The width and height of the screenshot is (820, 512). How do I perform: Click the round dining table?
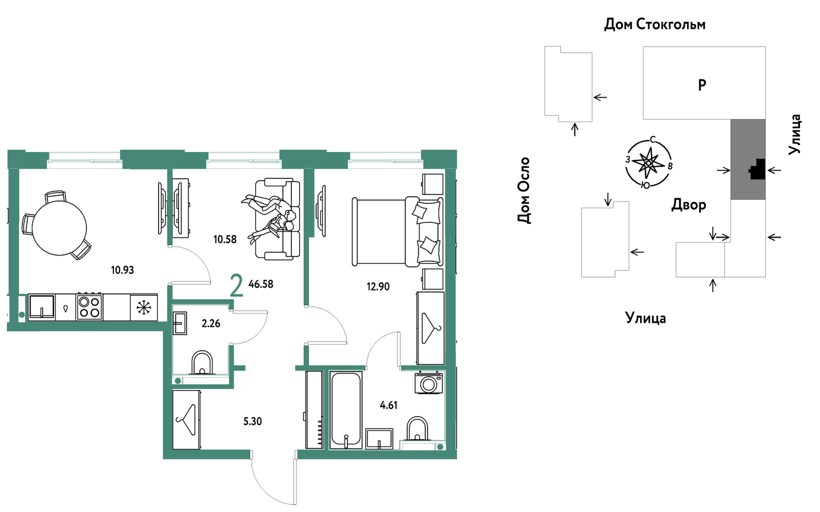coord(59,227)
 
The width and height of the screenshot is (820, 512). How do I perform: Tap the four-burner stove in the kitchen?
coord(89,307)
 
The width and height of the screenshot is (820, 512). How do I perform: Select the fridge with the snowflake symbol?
coord(143,307)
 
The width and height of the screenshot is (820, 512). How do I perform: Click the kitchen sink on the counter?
coord(42,307)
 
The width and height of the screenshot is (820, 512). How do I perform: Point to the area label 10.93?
coord(123,270)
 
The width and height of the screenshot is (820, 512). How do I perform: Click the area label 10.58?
coord(225,239)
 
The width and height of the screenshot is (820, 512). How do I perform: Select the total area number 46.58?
coord(261,284)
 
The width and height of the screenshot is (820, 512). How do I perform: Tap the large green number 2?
coord(236,285)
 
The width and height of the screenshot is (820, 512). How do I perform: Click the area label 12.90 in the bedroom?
coord(378,287)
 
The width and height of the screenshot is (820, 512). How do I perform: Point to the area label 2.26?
coord(211,324)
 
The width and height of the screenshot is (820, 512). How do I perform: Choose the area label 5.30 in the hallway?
coord(253,421)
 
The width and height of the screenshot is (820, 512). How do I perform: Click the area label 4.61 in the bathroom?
coord(389,405)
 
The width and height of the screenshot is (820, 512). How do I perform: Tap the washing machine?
coord(429,383)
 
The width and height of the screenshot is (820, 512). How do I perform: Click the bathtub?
coord(346,410)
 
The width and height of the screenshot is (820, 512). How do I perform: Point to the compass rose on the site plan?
coord(649,163)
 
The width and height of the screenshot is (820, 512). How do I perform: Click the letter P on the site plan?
coord(702,85)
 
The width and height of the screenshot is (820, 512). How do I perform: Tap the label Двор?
coord(689,205)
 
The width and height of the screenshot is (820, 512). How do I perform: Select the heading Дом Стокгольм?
coord(655,24)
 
